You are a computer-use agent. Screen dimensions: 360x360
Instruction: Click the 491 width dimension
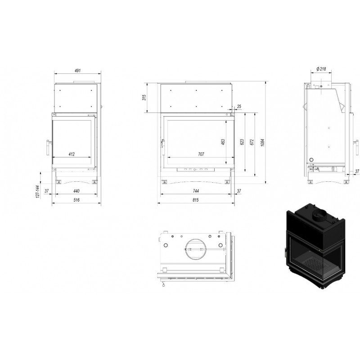tap(77, 71)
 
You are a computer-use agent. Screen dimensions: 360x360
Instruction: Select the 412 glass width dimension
tap(72, 154)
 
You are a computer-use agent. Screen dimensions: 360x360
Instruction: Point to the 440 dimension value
tap(76, 191)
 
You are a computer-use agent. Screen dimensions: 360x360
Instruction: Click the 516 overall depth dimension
tap(76, 200)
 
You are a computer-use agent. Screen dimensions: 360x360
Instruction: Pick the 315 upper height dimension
tap(144, 97)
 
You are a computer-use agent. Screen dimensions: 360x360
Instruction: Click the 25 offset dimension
tap(239, 107)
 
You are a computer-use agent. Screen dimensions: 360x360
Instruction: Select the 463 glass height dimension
tap(223, 142)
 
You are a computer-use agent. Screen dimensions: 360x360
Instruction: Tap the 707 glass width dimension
tap(201, 154)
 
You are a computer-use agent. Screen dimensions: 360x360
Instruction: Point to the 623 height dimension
tap(242, 142)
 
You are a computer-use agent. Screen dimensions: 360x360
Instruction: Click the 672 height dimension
tap(252, 142)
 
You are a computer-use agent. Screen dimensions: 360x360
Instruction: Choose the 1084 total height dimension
tap(263, 142)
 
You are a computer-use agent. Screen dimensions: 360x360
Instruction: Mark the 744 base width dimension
tap(196, 191)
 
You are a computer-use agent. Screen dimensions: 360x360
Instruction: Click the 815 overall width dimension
tap(195, 200)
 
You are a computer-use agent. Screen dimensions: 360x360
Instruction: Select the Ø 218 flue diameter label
tap(321, 69)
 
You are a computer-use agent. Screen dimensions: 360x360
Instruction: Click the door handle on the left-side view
tap(48, 147)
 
